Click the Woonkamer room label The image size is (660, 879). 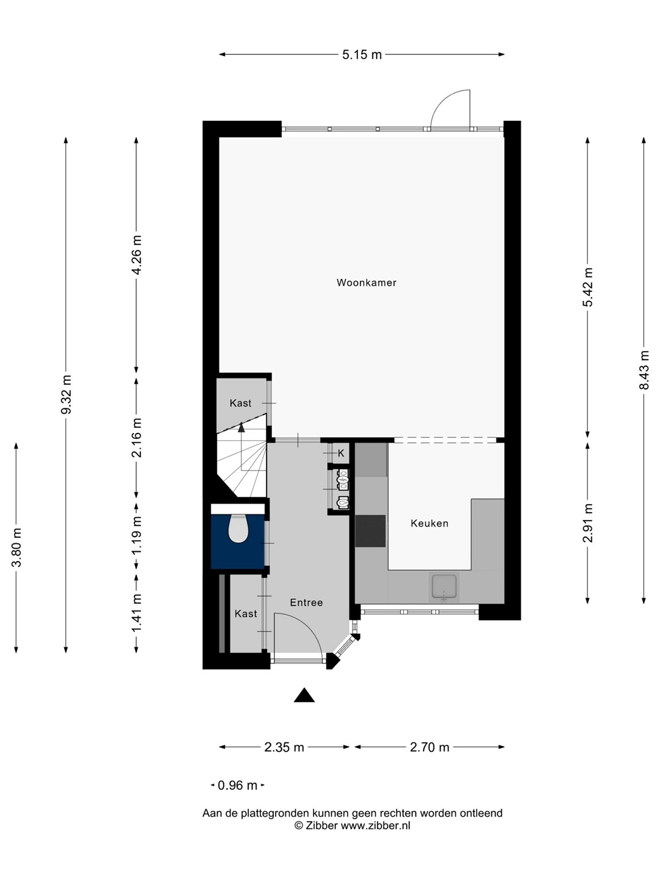click(x=366, y=283)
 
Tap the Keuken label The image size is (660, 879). click(x=429, y=523)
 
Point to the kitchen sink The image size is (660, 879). click(x=444, y=587)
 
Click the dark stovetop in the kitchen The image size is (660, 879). click(x=370, y=531)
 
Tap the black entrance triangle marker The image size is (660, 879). click(x=304, y=695)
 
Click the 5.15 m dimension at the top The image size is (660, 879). click(x=362, y=54)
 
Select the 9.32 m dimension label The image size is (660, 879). click(x=67, y=395)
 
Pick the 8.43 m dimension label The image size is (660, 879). click(x=643, y=370)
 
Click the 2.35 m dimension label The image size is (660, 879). click(x=284, y=747)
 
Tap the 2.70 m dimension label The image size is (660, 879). click(x=430, y=747)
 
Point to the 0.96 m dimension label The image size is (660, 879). click(x=237, y=785)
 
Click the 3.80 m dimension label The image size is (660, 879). click(x=16, y=548)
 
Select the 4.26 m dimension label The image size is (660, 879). click(x=137, y=255)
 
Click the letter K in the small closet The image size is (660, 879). click(x=341, y=454)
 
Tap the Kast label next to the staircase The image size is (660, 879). click(x=240, y=403)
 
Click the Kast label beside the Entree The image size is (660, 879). click(x=246, y=613)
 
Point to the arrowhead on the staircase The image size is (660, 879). click(x=241, y=427)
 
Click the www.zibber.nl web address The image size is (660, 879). click(x=375, y=825)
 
